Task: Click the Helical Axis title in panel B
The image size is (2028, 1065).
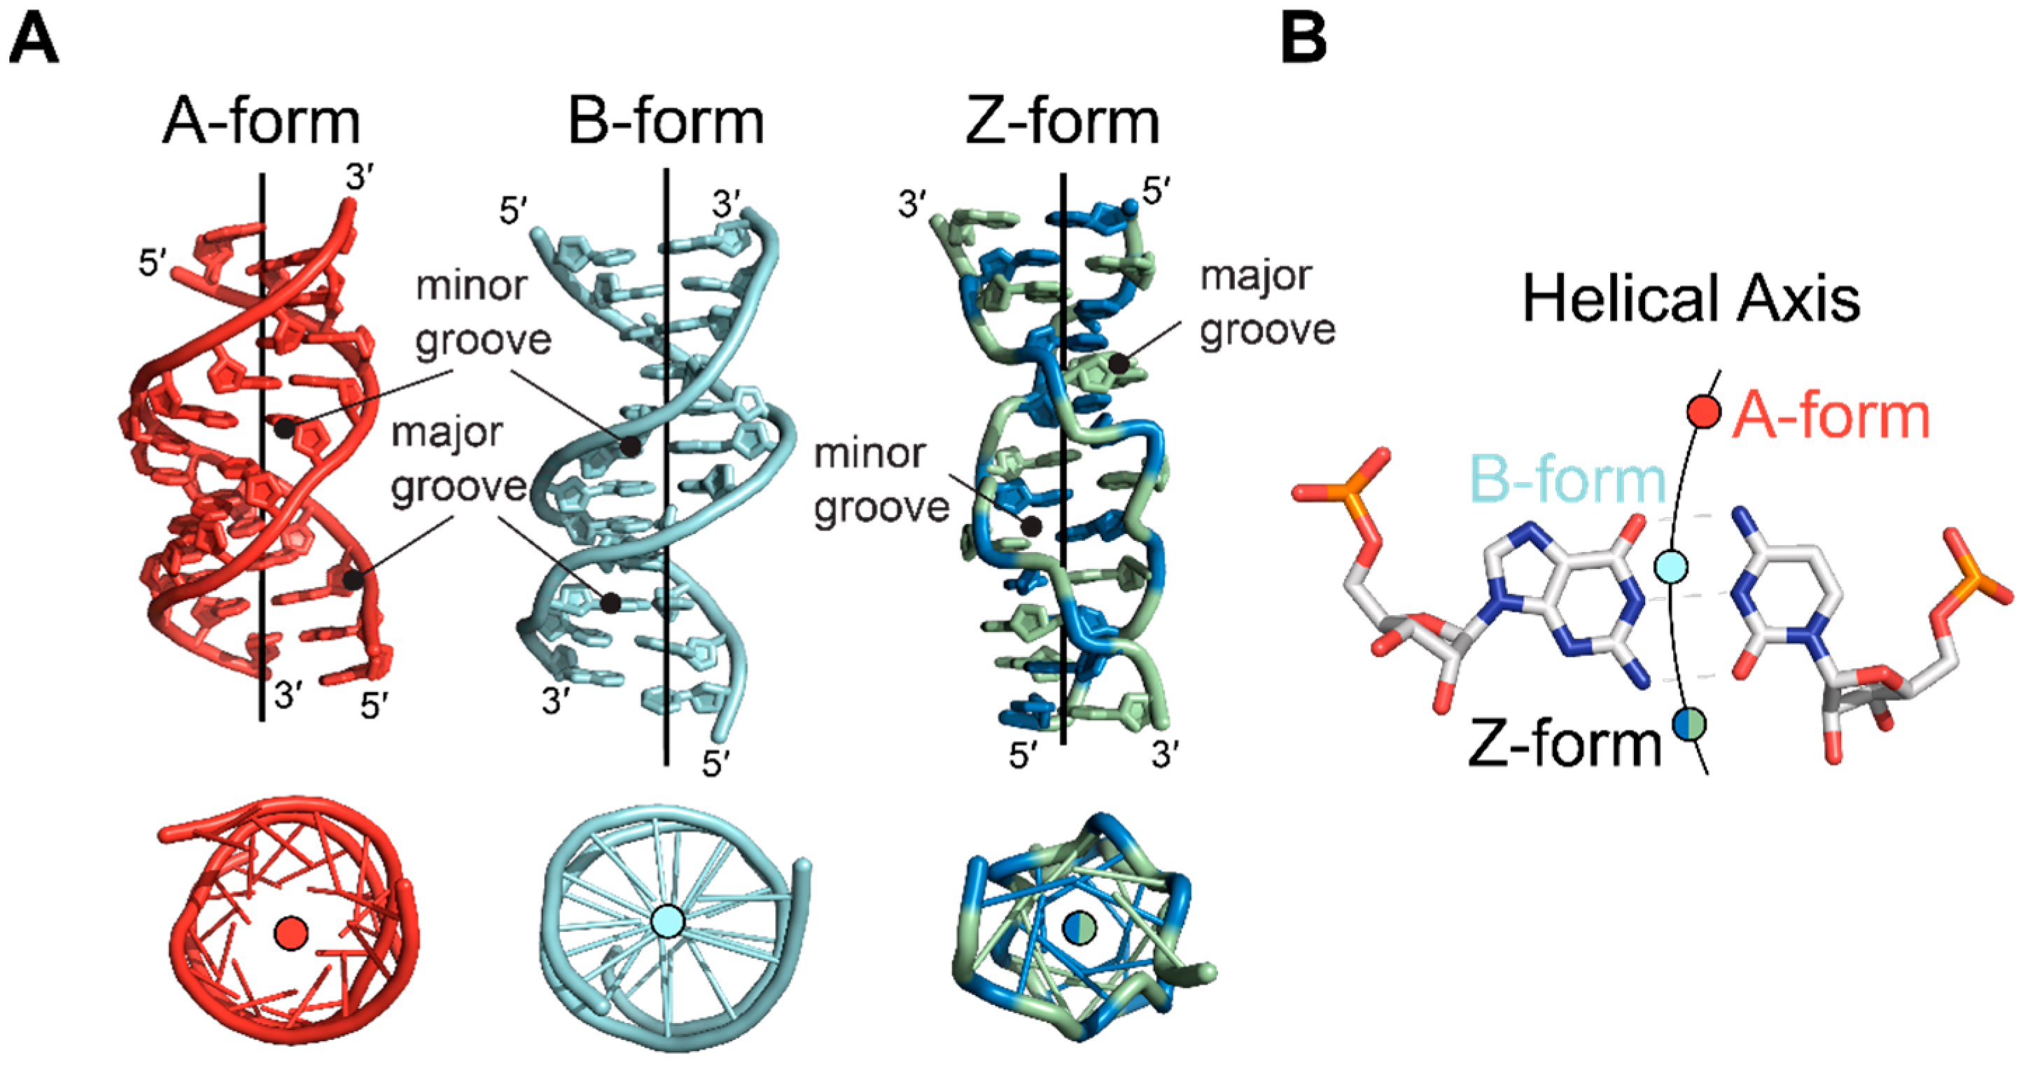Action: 1691,299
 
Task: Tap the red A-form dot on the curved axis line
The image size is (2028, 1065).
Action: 1704,411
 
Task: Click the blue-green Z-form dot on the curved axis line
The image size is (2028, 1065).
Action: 1689,723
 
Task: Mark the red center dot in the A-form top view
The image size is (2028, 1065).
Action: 291,933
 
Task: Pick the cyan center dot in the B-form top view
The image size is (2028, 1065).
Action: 669,920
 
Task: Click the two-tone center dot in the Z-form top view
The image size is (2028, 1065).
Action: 1080,927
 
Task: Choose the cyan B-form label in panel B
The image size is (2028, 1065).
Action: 1567,479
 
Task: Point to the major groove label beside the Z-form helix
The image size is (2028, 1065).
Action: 1266,304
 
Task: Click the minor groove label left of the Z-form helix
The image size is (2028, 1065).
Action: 881,481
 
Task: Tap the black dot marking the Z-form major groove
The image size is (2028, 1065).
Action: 1118,364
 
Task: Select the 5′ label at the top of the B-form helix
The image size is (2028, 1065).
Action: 513,211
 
